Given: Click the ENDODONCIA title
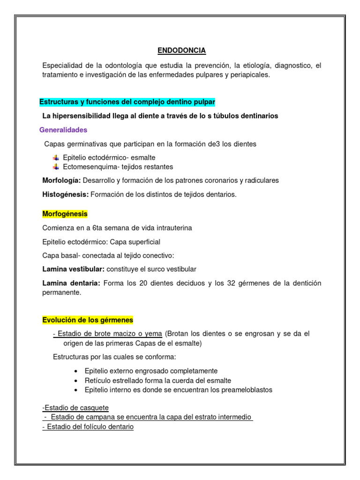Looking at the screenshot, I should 181,50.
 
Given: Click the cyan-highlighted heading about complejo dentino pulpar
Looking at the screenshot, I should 127,102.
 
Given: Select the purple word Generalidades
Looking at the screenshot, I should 63,130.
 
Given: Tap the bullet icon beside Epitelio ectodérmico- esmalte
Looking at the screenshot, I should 56,157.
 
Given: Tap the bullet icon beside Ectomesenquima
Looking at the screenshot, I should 56,167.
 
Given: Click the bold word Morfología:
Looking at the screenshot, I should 61,180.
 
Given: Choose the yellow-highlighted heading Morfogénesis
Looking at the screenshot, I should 65,214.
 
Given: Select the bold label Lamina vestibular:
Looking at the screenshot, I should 74,269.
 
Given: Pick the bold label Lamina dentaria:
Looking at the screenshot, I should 71,283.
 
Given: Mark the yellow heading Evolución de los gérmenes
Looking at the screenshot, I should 88,320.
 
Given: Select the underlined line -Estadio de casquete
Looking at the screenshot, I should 75,408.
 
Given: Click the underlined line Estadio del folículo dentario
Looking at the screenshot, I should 88,427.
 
